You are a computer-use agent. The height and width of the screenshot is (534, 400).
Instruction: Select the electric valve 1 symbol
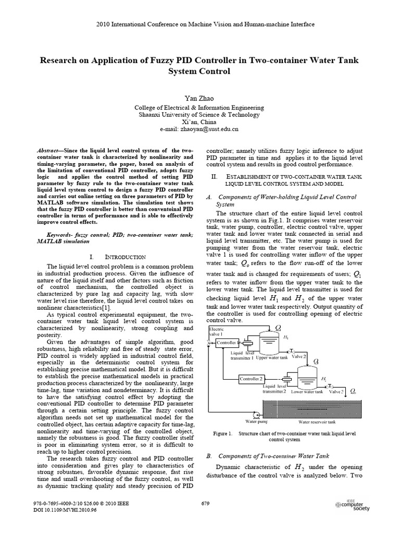209,342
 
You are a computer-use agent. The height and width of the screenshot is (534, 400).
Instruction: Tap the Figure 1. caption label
222,433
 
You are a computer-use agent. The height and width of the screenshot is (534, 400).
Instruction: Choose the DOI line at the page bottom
58,509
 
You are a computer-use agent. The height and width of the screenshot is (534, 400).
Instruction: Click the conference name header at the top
199,24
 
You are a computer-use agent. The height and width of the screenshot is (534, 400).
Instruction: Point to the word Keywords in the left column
60,235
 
